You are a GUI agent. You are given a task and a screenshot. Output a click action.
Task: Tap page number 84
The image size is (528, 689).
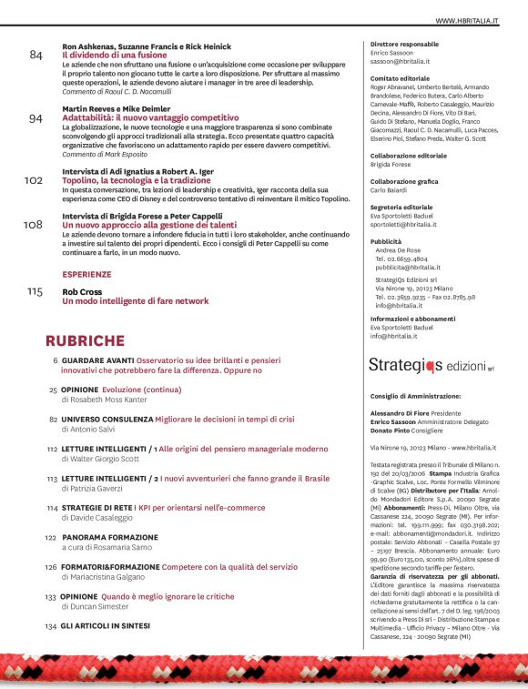[36, 56]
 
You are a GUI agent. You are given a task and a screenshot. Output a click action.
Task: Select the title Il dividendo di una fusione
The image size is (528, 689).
[113, 55]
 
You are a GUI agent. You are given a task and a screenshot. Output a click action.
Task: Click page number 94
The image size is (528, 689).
[36, 118]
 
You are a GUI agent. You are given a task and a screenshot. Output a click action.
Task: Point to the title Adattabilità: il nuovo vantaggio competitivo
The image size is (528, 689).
[143, 117]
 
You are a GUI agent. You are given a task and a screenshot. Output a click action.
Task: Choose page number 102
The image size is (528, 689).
[33, 180]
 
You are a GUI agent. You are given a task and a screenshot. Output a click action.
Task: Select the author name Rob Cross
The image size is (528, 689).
[81, 291]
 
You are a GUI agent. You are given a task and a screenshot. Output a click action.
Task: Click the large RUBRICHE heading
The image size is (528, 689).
[97, 341]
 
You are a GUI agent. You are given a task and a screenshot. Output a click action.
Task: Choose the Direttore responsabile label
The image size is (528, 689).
[404, 44]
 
